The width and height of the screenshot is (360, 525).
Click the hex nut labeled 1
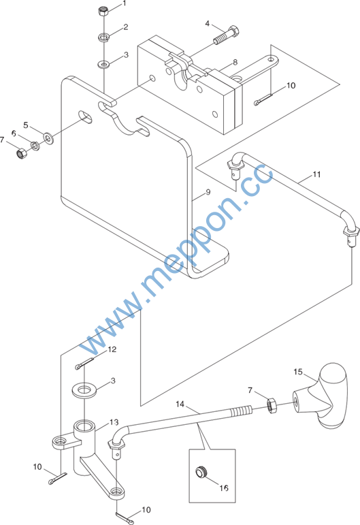(x=103, y=11)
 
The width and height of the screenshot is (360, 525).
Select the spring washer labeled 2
(x=104, y=37)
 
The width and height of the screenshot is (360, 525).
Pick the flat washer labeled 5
(x=49, y=138)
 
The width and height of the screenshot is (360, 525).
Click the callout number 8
(x=235, y=62)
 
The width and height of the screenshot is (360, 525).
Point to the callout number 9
(x=208, y=192)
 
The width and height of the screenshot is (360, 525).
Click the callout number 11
(x=316, y=174)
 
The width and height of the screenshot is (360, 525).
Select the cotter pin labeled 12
(x=84, y=364)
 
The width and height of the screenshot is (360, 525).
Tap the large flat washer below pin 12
(x=84, y=390)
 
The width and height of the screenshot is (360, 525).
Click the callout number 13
(x=114, y=422)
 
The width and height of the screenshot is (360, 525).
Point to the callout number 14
(x=180, y=404)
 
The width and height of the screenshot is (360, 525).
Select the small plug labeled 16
(x=201, y=472)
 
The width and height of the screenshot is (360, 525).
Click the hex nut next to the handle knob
(x=271, y=405)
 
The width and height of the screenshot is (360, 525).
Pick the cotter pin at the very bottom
(x=125, y=518)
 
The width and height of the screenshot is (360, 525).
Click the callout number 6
(x=14, y=133)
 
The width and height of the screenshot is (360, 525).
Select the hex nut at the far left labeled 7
(x=22, y=154)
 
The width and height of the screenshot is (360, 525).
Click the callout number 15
(x=298, y=372)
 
